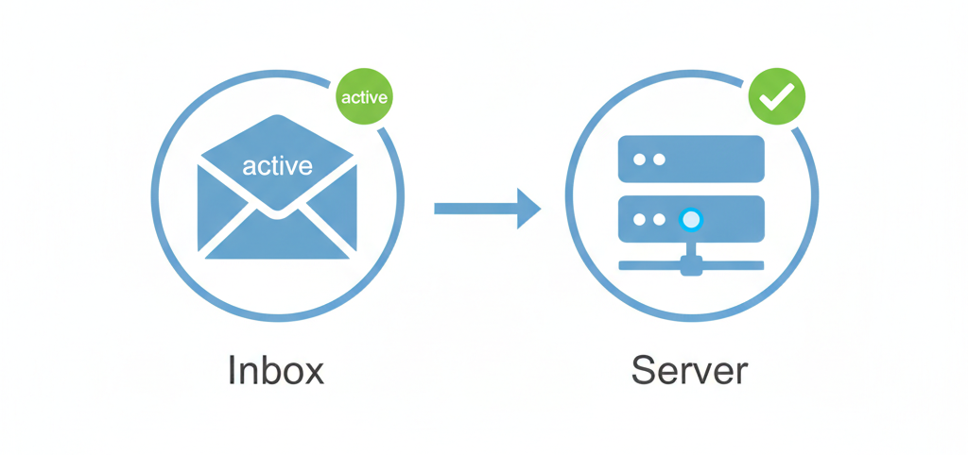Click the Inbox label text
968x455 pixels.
pyautogui.click(x=276, y=370)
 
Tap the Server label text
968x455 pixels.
pyautogui.click(x=690, y=370)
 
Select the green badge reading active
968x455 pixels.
pyautogui.click(x=364, y=96)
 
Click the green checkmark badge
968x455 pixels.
pyautogui.click(x=777, y=96)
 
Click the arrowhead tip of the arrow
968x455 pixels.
pyautogui.click(x=539, y=207)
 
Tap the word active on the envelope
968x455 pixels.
pyautogui.click(x=277, y=166)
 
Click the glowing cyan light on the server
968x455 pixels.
pyautogui.click(x=691, y=220)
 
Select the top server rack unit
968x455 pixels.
pyautogui.click(x=690, y=160)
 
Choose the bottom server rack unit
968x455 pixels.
pyautogui.click(x=690, y=220)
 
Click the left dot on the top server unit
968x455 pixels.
pyautogui.click(x=639, y=160)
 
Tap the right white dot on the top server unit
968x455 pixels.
pyautogui.click(x=658, y=160)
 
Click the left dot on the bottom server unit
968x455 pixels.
pyautogui.click(x=639, y=220)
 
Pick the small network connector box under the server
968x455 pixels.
pyautogui.click(x=691, y=267)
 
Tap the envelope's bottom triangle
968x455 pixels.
pyautogui.click(x=276, y=241)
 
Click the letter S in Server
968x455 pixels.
pyautogui.click(x=645, y=370)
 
